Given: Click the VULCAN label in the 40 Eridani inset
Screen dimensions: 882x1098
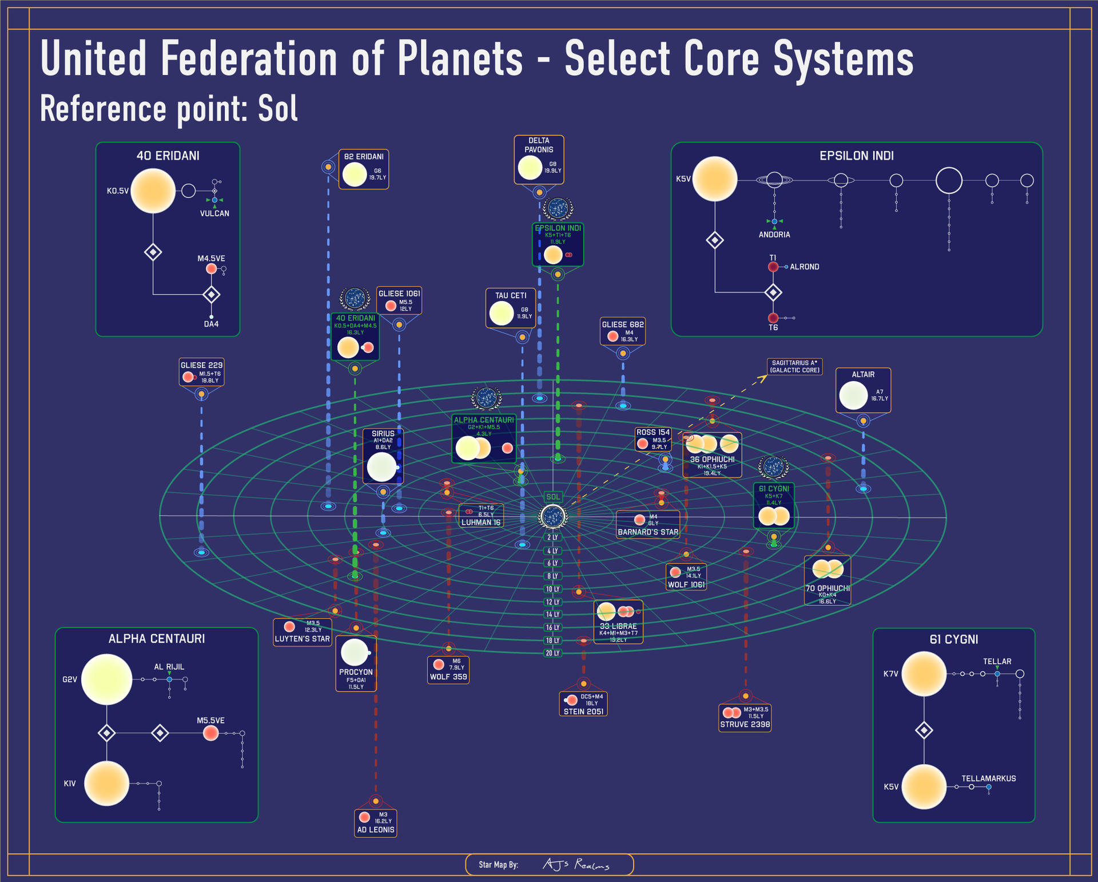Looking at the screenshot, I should tap(214, 213).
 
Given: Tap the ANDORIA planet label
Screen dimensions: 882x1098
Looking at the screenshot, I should tap(774, 235).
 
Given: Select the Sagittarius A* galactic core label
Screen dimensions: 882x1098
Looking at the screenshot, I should tap(795, 367).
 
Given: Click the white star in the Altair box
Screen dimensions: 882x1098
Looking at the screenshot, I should tap(853, 395).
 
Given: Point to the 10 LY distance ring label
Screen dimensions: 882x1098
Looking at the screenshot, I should tap(552, 589).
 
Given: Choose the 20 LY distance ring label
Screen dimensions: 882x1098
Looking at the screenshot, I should tap(552, 653).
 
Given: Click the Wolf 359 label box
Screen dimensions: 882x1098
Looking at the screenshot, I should tap(448, 670).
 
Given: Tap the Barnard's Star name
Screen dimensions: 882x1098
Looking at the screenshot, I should tap(648, 532).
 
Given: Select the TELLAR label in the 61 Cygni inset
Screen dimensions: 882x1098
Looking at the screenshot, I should tap(997, 662).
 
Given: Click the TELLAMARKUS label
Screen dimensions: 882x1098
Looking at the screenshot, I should tap(988, 778).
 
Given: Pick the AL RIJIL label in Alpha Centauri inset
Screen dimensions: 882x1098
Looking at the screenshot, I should tap(169, 667).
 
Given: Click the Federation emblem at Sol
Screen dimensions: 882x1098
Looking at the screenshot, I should tap(553, 517).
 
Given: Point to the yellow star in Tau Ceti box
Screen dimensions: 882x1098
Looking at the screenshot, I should tap(502, 313).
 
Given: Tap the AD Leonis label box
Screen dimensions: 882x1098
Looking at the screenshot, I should tap(376, 823).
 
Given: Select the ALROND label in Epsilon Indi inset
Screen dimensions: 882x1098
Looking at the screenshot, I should tap(804, 267).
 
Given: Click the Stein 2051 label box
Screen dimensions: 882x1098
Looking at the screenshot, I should tap(583, 704).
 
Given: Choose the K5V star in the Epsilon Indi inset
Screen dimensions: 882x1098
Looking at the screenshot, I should tap(714, 179).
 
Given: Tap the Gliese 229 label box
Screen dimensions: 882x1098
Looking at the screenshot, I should tap(201, 372).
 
